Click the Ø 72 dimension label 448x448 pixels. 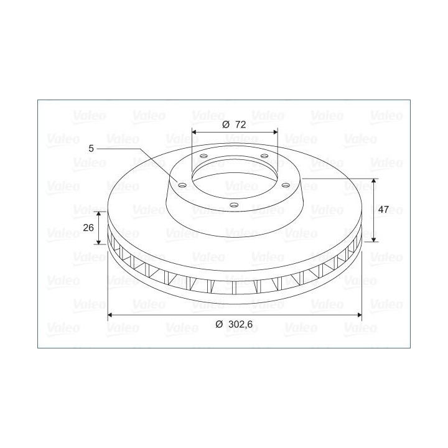point(234,124)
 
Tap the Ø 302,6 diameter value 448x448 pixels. point(234,324)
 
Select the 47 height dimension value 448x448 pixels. point(383,210)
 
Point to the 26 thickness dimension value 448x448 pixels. point(88,228)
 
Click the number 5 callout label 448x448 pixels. point(91,149)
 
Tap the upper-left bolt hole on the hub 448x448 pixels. point(203,156)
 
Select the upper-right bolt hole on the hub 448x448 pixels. point(264,156)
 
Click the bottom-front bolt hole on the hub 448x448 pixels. point(234,205)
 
